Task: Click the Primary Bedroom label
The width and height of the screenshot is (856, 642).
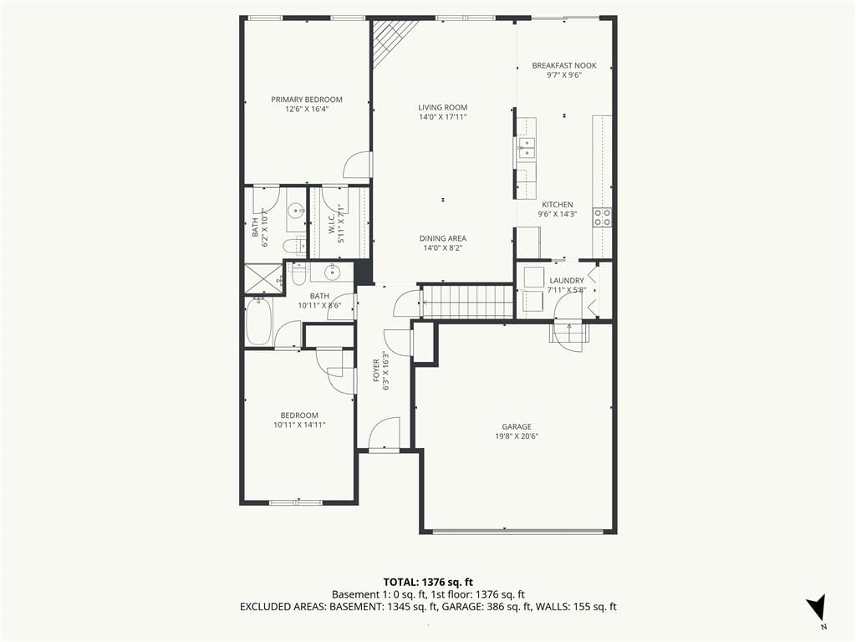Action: (x=307, y=99)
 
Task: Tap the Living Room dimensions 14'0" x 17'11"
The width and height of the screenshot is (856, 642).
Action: (x=443, y=117)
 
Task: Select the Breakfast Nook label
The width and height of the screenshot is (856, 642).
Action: (x=564, y=65)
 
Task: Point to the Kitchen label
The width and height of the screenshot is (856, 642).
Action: (x=558, y=205)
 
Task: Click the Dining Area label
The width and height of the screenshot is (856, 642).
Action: (x=443, y=238)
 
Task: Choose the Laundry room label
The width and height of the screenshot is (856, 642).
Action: (x=567, y=281)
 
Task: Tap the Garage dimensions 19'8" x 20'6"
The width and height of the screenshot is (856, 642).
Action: (x=517, y=436)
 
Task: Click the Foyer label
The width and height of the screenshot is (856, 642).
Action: (x=376, y=370)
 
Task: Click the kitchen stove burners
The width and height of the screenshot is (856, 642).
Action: (x=603, y=217)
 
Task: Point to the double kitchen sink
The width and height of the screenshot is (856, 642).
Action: (x=527, y=148)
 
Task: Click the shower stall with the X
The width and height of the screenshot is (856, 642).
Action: (x=263, y=279)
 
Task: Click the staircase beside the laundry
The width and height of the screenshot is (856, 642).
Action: (x=468, y=301)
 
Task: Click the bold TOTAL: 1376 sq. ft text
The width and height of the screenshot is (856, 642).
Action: (x=424, y=582)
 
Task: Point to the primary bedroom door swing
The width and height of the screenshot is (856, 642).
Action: (x=357, y=164)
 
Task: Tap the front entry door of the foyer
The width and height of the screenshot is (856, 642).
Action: (x=385, y=434)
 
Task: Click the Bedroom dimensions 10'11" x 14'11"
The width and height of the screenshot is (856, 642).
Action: (x=300, y=425)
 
